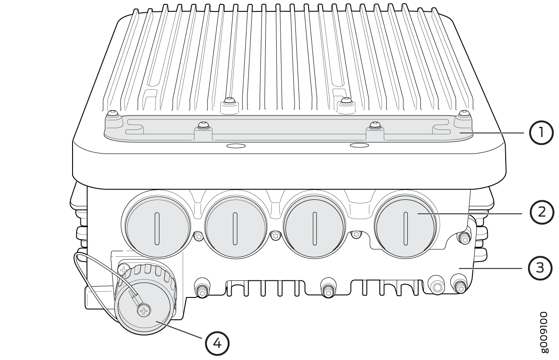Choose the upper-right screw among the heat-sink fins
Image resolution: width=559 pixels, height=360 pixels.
pyautogui.click(x=345, y=101)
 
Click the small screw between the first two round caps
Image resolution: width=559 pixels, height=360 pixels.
pyautogui.click(x=198, y=237)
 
